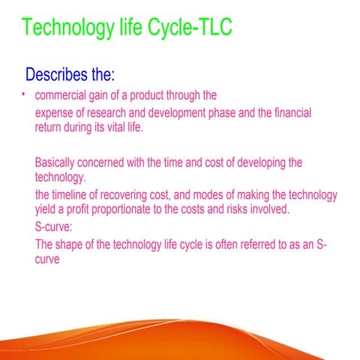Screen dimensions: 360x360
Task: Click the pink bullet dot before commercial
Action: click(24, 95)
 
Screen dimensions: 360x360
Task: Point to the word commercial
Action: click(64, 96)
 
